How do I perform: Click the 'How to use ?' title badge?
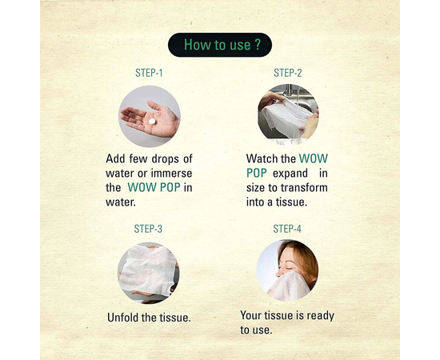coord(220,45)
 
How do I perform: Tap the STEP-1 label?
coord(149,73)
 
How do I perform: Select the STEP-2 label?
coord(288,73)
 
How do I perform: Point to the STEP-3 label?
coord(148,229)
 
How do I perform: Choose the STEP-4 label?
coord(287,229)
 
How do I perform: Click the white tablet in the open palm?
coord(152,122)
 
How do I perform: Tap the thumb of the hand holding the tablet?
coord(155,106)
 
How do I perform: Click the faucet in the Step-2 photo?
coord(290,93)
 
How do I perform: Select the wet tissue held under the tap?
coord(286,118)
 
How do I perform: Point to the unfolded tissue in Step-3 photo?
coord(148,270)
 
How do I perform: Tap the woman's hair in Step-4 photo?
coord(305,259)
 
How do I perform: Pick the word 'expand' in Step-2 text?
coord(290,174)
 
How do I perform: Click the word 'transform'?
coord(304,188)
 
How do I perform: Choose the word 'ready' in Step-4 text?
coord(320,316)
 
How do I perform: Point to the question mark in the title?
coord(258,45)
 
